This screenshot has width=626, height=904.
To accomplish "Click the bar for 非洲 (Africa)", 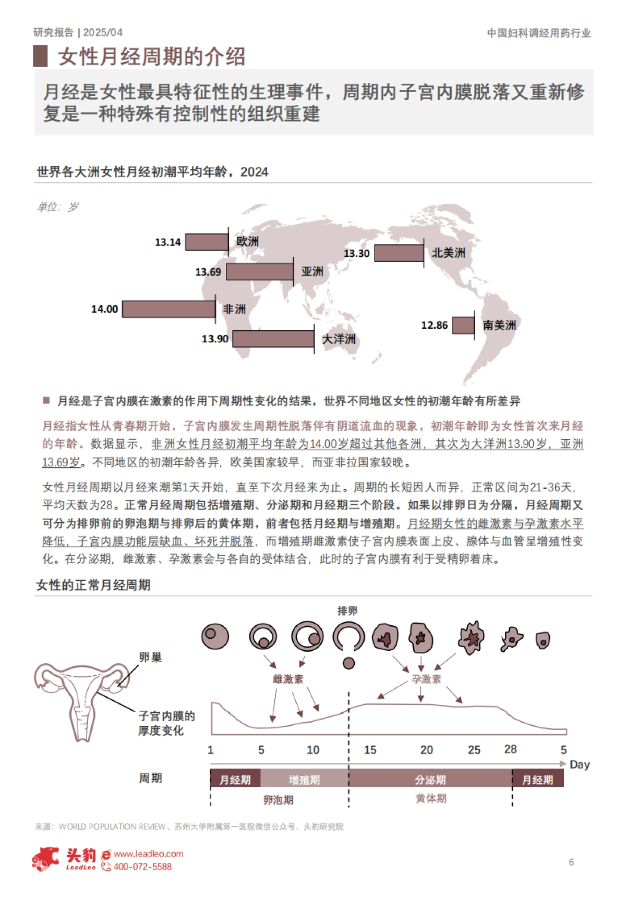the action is [168, 309].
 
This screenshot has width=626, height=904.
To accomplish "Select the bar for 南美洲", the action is [463, 325].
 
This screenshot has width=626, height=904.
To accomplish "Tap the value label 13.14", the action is [167, 242].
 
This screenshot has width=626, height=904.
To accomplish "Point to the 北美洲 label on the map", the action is [448, 253].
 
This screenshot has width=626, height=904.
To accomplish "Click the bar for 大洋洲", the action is [273, 339].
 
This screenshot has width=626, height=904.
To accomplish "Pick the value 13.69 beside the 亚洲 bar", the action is [208, 272].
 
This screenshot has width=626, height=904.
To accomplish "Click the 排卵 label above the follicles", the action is [347, 611].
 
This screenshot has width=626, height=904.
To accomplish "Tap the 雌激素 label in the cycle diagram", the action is [288, 679].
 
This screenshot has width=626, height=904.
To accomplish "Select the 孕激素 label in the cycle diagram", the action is [426, 679].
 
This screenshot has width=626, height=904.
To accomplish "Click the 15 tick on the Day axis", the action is [370, 750].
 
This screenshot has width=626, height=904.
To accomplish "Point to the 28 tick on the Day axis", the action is [510, 749].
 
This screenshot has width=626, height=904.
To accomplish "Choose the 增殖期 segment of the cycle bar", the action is [304, 779].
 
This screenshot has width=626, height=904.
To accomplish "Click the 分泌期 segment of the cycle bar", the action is [430, 779].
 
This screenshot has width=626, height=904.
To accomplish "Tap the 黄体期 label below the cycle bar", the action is [431, 799].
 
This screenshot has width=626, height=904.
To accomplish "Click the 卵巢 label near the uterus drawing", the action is [150, 658].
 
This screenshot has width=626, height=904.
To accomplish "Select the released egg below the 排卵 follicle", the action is [348, 663].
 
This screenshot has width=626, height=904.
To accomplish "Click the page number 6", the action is [571, 862].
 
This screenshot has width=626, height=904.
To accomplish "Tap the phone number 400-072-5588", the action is [142, 867].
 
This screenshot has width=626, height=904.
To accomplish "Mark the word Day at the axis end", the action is [580, 765].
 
